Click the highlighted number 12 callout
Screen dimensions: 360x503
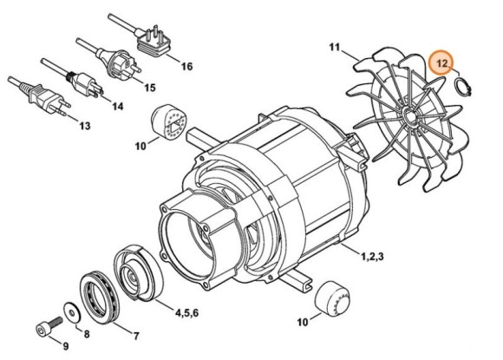442,62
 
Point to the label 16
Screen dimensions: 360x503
186,65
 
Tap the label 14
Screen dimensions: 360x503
116,106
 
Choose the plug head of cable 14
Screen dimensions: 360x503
86,83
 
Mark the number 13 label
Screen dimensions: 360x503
83,127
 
